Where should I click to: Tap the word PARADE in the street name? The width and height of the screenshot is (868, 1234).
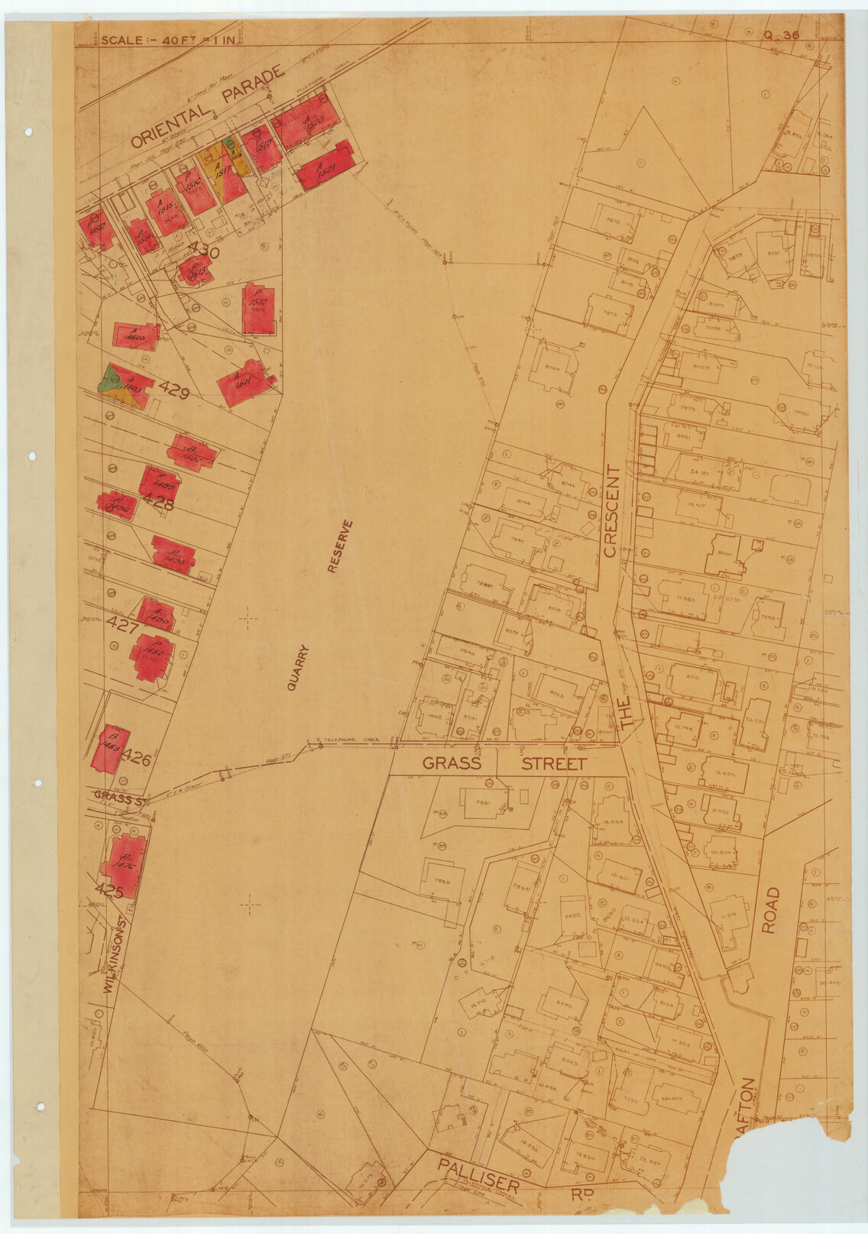click(x=252, y=85)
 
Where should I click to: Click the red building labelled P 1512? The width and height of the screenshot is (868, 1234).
click(x=257, y=308)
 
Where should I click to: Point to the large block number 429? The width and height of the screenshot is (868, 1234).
click(x=173, y=390)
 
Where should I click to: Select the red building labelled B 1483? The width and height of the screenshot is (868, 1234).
click(x=109, y=747)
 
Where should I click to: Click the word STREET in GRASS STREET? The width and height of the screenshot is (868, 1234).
click(x=553, y=763)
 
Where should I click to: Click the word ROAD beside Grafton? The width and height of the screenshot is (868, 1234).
click(x=770, y=910)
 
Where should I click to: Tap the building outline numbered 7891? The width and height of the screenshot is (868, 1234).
click(x=484, y=803)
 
